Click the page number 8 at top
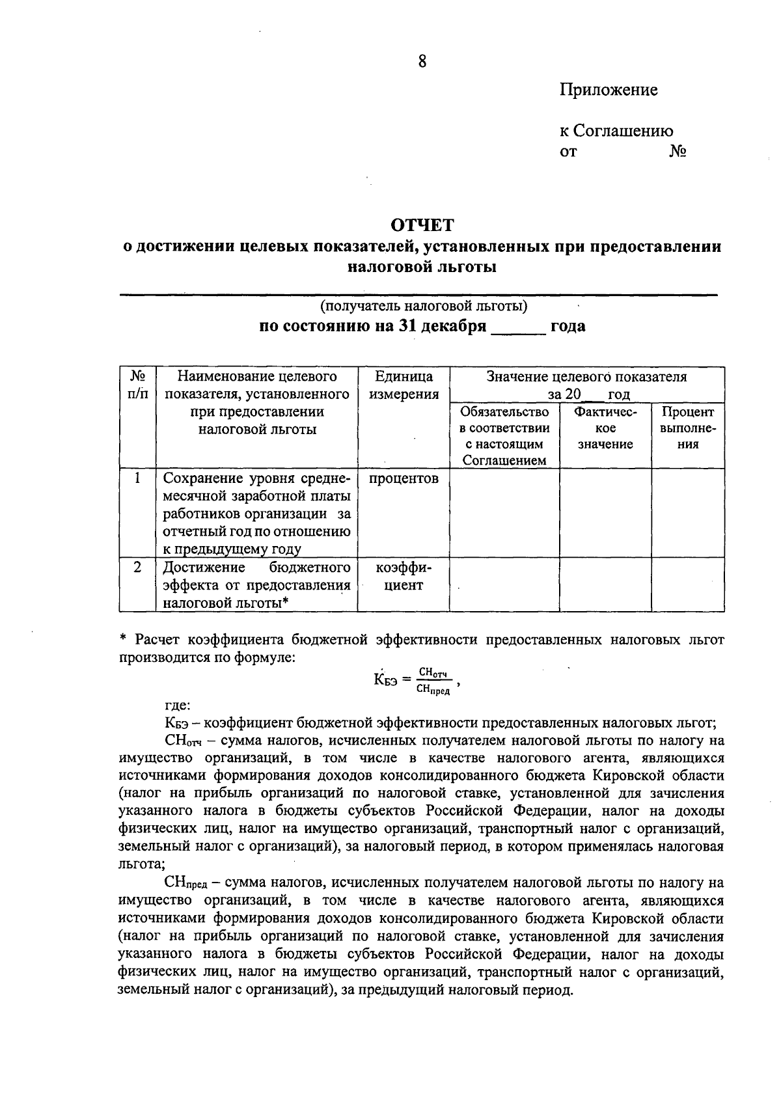point(422,62)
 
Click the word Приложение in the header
point(609,90)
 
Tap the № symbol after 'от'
point(678,152)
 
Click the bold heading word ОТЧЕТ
point(422,225)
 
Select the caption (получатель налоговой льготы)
point(423,305)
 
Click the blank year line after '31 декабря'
point(518,327)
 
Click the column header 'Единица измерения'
point(404,385)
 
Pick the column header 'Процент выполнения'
point(688,428)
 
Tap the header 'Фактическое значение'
point(605,428)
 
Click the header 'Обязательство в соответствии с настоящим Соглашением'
point(504,436)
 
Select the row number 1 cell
point(137,478)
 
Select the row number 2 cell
point(137,567)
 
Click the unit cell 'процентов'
point(404,479)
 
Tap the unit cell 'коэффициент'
point(404,576)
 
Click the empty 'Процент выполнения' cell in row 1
point(688,512)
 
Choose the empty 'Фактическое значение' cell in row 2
point(605,584)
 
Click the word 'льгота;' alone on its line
point(141,865)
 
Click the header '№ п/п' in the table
point(137,385)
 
